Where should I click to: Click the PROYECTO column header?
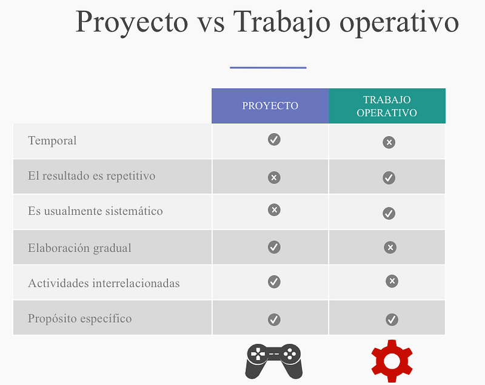pos(270,105)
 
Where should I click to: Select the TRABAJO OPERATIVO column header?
pos(387,106)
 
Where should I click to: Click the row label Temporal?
pos(52,140)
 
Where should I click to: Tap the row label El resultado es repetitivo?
pos(92,176)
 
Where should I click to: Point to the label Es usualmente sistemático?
pos(95,211)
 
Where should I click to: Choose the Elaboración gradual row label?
pos(79,248)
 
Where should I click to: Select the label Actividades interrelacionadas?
pos(104,283)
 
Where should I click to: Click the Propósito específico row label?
pos(80,318)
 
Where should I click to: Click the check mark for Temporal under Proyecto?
pos(274,140)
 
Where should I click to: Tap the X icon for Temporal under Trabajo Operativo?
pos(389,142)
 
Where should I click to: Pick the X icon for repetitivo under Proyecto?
pos(274,177)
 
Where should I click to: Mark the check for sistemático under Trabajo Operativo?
pos(389,213)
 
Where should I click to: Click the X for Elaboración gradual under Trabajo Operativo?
pos(390,248)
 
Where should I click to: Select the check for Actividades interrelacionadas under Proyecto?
pos(274,282)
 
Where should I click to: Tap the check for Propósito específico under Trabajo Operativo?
pos(392,320)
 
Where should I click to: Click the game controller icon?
pos(274,361)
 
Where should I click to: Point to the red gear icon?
pos(392,361)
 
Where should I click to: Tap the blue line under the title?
pos(268,67)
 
